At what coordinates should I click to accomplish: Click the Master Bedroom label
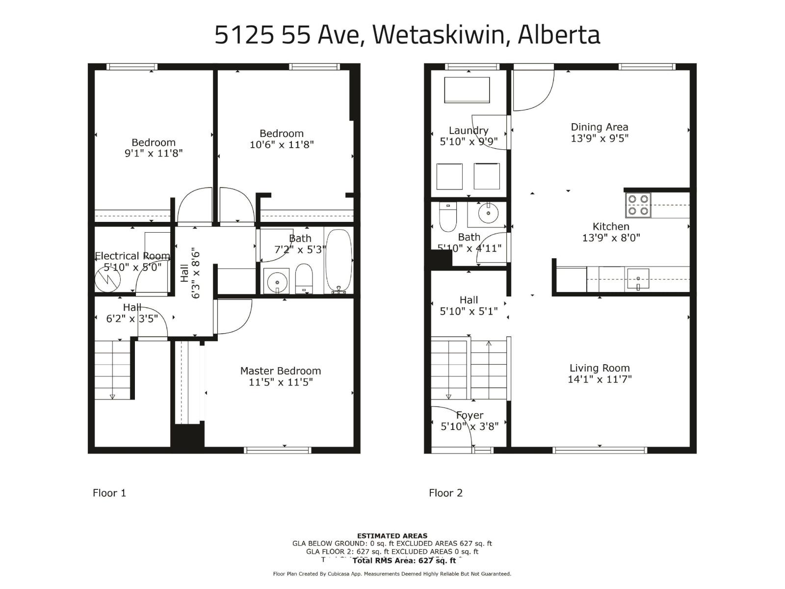[x=280, y=371]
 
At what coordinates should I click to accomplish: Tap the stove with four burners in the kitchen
[x=637, y=205]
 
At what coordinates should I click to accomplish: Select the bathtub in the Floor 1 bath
[x=339, y=261]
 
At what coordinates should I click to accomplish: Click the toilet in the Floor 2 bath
[x=448, y=217]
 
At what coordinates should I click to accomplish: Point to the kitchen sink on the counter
[x=638, y=279]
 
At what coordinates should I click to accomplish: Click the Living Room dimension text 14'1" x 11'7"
[x=600, y=379]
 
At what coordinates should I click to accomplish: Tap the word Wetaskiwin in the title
[x=438, y=35]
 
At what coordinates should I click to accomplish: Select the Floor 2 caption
[x=445, y=493]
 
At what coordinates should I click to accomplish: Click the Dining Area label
[x=599, y=127]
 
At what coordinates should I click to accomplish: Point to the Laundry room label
[x=469, y=131]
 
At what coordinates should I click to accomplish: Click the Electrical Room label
[x=132, y=256]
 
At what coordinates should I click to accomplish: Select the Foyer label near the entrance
[x=470, y=415]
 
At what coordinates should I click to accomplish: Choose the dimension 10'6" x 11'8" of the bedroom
[x=282, y=144]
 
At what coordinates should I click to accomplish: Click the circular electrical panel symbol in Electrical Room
[x=107, y=281]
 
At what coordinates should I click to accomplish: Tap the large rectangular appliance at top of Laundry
[x=467, y=90]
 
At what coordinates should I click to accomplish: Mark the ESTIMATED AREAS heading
[x=392, y=535]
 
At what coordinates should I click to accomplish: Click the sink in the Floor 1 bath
[x=277, y=282]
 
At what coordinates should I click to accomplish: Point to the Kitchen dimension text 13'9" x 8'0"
[x=611, y=238]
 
